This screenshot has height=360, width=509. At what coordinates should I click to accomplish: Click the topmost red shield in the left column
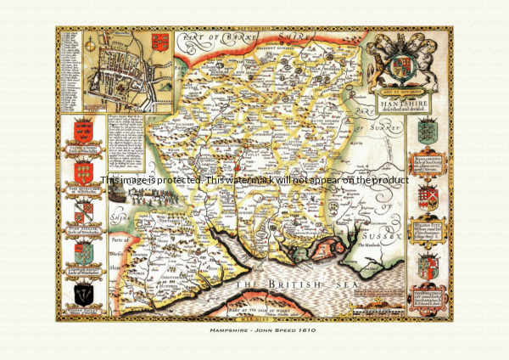[83, 131]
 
